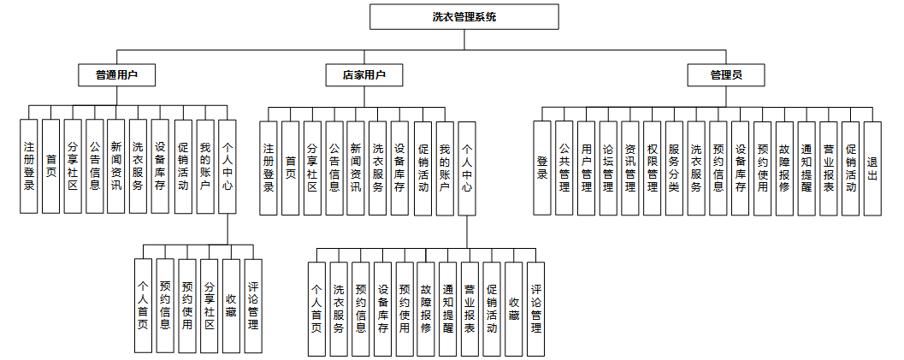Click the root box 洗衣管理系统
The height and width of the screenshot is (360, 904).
(x=464, y=16)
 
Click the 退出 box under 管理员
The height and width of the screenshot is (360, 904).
(x=872, y=168)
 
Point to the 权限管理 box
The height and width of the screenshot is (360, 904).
(x=652, y=168)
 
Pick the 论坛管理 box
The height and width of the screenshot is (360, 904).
(x=607, y=168)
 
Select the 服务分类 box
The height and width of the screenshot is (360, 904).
(x=674, y=168)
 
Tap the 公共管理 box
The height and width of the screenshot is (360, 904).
(x=564, y=168)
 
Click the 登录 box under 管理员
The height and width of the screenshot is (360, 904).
(x=542, y=168)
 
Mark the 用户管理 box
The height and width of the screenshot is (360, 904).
(x=586, y=168)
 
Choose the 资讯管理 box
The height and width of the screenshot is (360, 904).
(x=629, y=168)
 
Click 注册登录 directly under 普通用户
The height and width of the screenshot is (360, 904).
(x=29, y=166)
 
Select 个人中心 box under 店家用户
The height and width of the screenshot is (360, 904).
(x=466, y=168)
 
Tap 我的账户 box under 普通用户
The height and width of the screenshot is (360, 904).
(x=204, y=166)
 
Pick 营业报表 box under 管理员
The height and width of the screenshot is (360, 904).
(x=828, y=168)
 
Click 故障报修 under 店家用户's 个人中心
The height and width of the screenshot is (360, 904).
(x=426, y=309)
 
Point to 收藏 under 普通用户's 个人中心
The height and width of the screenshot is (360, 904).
(x=231, y=305)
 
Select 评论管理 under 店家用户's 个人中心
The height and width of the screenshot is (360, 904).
(x=535, y=309)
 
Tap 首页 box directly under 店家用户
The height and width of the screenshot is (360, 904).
(x=291, y=168)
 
